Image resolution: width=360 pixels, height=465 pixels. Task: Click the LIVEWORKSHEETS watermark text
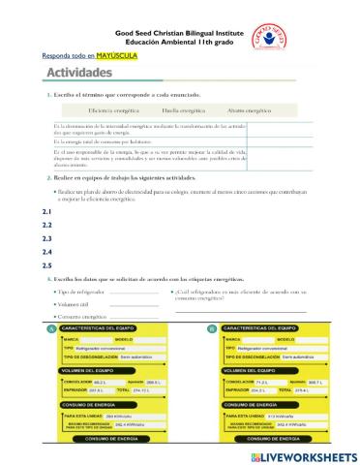pyautogui.click(x=309, y=454)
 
